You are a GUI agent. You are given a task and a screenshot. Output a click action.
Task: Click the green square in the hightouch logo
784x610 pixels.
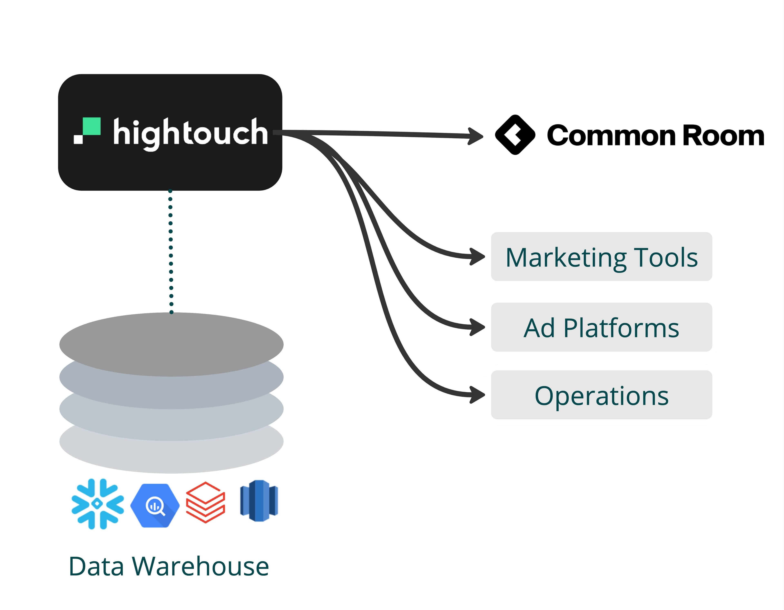point(91,126)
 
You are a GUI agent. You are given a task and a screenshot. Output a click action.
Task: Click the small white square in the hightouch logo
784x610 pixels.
point(78,139)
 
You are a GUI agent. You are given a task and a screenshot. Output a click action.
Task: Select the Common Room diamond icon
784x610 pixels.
point(515,135)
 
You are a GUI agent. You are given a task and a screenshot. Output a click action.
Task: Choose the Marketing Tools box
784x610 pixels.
point(601,257)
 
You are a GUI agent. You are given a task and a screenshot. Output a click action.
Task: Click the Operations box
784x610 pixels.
point(601,395)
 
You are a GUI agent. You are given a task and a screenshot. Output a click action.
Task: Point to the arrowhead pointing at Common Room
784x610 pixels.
point(476,136)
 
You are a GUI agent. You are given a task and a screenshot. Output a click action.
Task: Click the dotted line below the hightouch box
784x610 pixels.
point(171,251)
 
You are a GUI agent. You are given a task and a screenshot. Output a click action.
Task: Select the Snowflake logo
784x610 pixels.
point(98,504)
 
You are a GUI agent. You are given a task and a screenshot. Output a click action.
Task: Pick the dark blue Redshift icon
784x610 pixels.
point(259,501)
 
